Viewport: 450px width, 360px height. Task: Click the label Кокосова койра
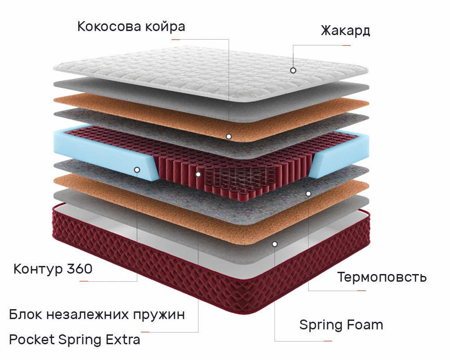coord(131,26)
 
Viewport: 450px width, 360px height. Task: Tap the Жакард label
coord(345,31)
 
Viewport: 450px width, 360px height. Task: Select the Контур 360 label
coord(53,269)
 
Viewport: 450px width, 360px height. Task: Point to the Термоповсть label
coord(382,277)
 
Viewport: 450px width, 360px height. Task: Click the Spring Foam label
coord(341,324)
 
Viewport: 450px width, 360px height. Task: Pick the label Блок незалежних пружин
coord(97,314)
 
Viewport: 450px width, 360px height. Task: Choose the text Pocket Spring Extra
coord(75,339)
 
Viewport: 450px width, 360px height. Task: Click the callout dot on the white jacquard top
coord(293,70)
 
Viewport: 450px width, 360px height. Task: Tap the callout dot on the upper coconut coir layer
coord(229,136)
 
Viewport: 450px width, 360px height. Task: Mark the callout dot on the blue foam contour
coord(137,170)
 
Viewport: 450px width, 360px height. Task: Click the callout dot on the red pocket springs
coord(198,174)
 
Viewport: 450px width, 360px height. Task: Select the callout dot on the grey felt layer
coord(309,193)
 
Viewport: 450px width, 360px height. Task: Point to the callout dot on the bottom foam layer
coord(274,244)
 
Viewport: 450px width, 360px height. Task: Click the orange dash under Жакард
coord(346,45)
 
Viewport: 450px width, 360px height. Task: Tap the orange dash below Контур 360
coord(84,281)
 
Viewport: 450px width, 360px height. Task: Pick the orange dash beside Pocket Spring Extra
coord(145,332)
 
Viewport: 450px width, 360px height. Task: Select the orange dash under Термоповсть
coord(361,290)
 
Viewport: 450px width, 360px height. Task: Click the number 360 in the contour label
coord(79,269)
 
